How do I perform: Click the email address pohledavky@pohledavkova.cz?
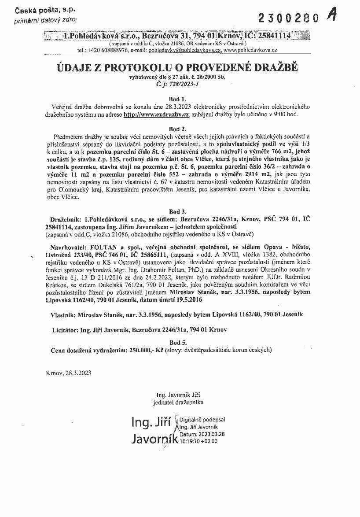click(x=185, y=50)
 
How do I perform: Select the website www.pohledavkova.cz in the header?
click(x=250, y=50)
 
